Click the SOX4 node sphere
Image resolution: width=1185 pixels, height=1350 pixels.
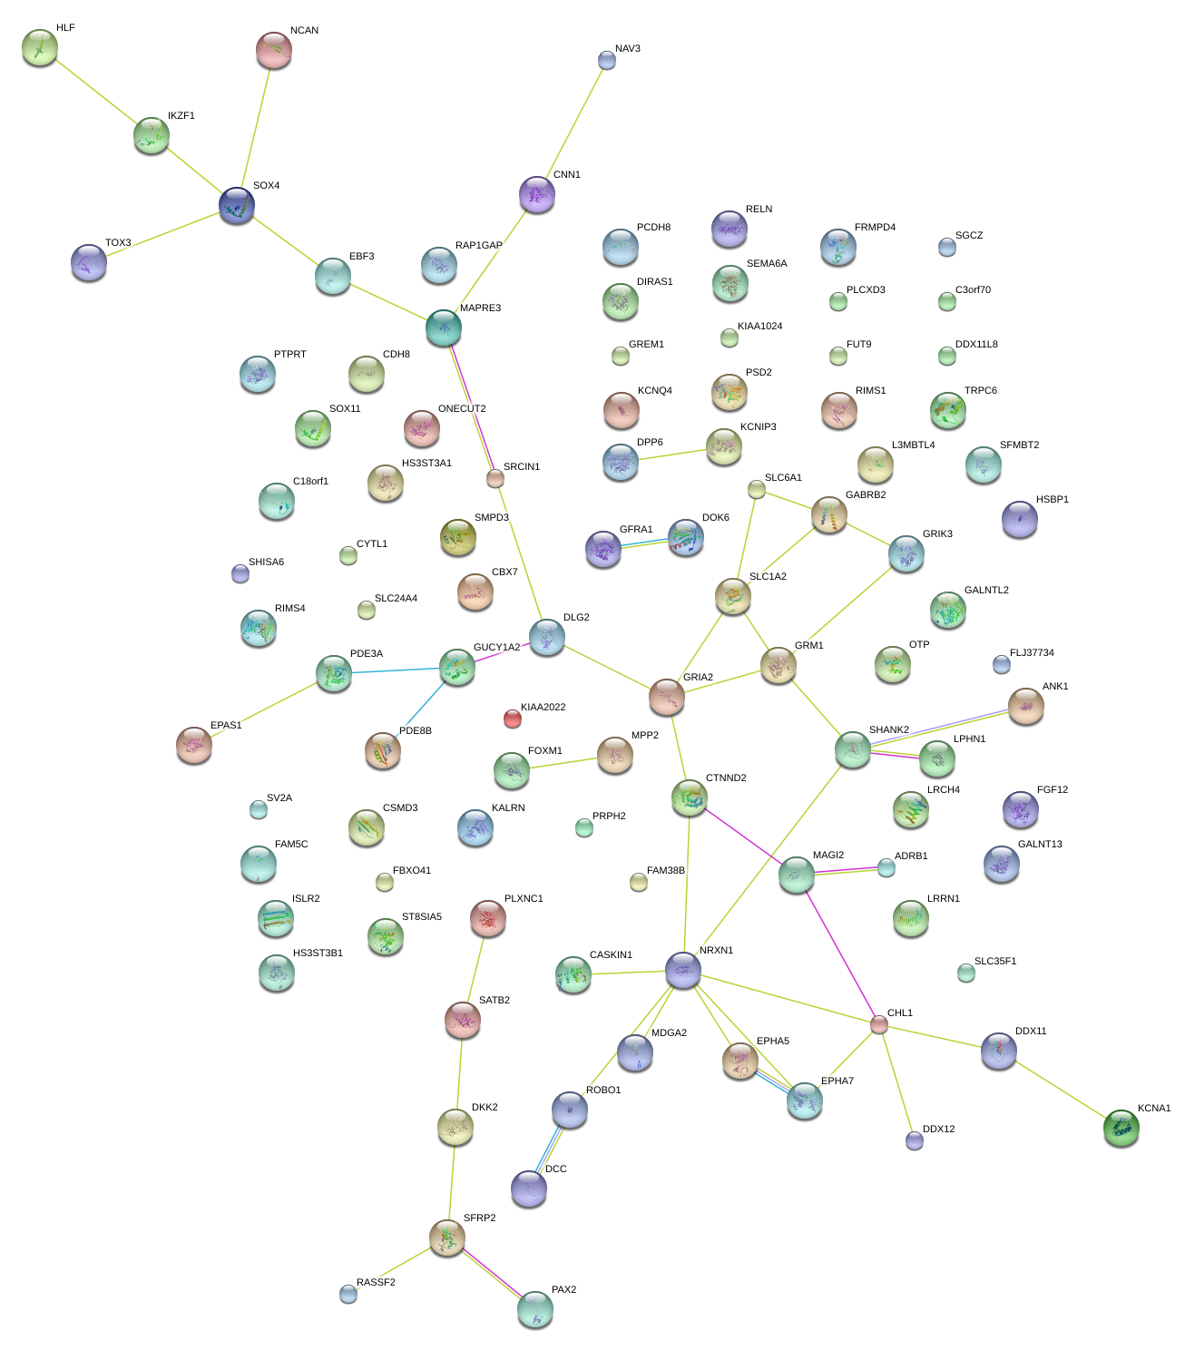click(237, 205)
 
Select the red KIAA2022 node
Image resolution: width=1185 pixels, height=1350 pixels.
click(513, 719)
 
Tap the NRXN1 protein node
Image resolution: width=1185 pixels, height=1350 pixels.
click(683, 970)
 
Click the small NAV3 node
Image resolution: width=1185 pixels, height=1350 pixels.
click(607, 60)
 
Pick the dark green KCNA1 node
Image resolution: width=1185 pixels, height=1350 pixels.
click(1121, 1128)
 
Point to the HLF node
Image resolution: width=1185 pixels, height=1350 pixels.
click(39, 47)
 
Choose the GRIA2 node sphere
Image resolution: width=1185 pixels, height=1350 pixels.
click(667, 696)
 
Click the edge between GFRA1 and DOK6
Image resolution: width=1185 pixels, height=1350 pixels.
click(644, 543)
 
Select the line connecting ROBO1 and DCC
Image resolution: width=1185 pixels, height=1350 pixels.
click(550, 1149)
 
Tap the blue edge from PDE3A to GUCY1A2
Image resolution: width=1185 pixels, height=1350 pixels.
click(396, 670)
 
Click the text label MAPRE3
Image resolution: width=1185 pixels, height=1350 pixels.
click(480, 308)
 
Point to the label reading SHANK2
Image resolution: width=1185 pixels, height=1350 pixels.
click(888, 730)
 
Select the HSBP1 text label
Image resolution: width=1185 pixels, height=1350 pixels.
click(1052, 500)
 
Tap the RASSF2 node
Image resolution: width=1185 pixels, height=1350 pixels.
click(348, 1294)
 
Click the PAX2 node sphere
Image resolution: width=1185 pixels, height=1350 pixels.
click(535, 1309)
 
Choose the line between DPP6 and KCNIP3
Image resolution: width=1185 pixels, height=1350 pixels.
click(672, 454)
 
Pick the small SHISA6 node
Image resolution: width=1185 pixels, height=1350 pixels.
click(240, 572)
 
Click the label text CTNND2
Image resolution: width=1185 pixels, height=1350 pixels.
click(726, 778)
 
